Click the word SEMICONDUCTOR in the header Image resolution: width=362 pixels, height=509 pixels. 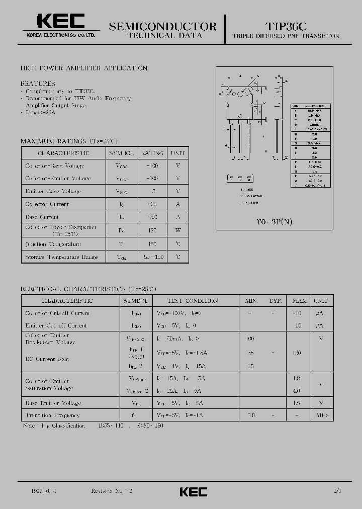point(163,26)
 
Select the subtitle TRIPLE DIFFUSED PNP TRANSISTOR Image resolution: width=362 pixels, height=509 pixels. point(286,36)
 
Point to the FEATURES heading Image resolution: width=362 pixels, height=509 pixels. point(38,83)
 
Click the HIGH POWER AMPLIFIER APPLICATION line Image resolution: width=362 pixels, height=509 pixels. point(84,67)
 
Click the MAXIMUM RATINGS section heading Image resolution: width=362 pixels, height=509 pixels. point(69,141)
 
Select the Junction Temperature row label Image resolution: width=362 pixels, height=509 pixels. point(53,244)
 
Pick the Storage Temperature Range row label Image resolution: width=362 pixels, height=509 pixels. point(61,257)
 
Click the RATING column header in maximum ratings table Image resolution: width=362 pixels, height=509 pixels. point(153,153)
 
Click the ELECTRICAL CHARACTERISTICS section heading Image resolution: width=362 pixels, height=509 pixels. point(88,289)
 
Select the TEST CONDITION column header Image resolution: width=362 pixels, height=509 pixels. point(193,301)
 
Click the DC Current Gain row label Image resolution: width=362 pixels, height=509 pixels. point(47,359)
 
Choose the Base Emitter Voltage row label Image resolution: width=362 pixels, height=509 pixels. point(53,403)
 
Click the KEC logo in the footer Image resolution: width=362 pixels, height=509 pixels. point(193,491)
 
